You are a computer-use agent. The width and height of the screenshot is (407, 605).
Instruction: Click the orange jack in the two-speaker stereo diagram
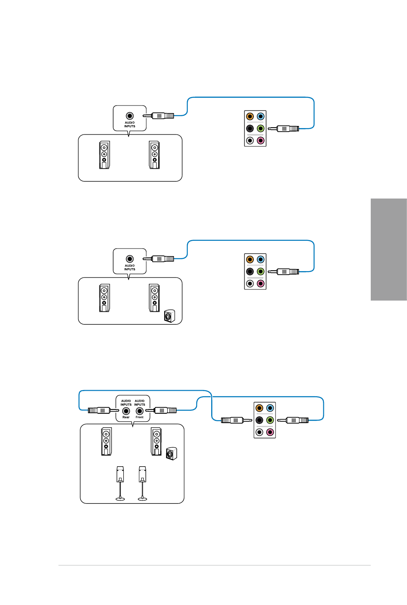(250, 117)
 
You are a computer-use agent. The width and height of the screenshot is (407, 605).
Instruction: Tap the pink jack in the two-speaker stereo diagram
(260, 140)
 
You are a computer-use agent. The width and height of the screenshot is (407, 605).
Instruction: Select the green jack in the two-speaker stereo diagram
(260, 128)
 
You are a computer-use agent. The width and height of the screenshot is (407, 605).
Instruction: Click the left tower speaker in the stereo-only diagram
(105, 155)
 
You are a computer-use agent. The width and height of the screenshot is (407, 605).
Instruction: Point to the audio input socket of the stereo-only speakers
(130, 116)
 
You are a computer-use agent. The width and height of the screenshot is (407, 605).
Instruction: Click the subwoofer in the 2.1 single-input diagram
(169, 316)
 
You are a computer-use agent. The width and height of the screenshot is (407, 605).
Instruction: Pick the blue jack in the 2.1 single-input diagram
(260, 260)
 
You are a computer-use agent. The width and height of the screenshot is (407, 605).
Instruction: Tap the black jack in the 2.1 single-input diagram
(250, 272)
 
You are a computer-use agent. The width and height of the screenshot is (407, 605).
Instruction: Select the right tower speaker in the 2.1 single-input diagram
(154, 298)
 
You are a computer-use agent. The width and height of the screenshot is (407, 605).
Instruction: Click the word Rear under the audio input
(126, 417)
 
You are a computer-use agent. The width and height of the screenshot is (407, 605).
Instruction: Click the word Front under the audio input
(140, 417)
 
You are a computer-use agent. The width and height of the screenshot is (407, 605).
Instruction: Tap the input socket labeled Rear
(126, 411)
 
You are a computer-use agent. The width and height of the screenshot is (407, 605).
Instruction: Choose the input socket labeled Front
(140, 411)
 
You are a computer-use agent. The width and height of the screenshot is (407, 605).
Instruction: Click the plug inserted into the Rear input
(103, 411)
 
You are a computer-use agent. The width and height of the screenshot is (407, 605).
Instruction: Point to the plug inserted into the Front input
(161, 411)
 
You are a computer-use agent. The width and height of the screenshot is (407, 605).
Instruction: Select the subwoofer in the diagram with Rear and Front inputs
(172, 453)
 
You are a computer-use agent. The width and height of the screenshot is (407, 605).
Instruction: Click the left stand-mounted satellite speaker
(120, 483)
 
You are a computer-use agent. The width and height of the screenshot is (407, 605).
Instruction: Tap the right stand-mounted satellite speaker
(142, 483)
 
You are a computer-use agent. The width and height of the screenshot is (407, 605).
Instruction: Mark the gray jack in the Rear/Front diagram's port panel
(259, 432)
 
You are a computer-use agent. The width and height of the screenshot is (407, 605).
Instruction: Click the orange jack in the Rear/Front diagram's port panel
(259, 408)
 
